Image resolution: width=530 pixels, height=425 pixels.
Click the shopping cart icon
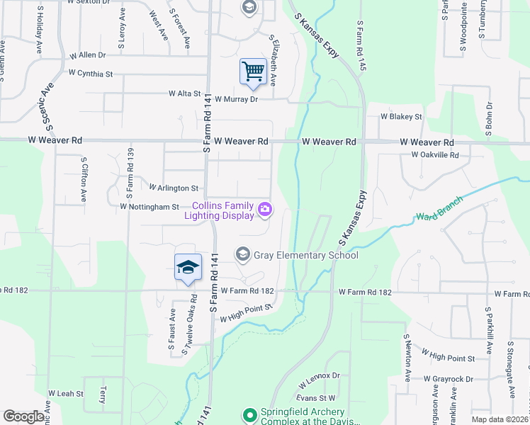253,71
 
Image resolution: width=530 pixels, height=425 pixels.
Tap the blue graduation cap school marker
188,267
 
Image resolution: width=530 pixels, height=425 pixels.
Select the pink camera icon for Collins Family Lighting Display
265,208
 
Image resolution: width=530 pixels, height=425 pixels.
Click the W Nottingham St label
150,207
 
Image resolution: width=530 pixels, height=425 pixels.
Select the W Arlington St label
174,188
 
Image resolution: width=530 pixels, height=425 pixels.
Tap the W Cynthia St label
91,73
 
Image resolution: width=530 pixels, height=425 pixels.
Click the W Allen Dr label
87,55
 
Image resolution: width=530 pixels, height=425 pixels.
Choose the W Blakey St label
401,116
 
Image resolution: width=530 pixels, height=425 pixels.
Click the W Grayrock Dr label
449,380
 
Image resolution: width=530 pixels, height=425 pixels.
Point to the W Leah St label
66,393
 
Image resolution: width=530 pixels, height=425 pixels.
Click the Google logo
23,416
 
